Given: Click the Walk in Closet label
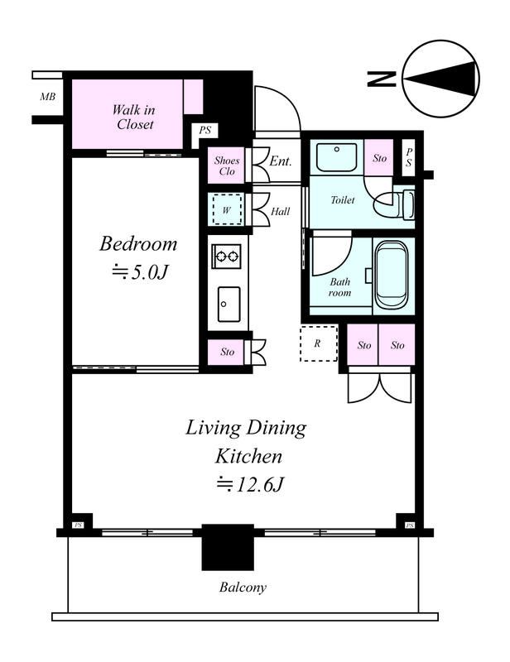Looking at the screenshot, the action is point(133,117).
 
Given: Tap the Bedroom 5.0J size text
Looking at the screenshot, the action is point(140,272).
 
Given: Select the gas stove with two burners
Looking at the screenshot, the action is point(227,257).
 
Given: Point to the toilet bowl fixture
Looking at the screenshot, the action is point(394,204).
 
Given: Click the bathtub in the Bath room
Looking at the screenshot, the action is point(392,275).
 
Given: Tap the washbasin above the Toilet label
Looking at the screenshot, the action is point(336,157).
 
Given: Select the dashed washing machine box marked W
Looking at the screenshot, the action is point(228,209).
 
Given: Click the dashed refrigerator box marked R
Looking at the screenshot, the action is point(319,343).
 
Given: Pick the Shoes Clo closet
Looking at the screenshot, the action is point(227,165).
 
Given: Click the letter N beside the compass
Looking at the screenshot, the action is point(381,79).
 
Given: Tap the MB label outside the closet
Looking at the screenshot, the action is point(48,97).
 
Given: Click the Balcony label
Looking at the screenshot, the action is point(243,588).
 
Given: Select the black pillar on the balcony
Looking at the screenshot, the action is point(228,547).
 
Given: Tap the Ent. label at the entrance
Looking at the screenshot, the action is point(281,161).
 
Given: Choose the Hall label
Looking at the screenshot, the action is point(280,211).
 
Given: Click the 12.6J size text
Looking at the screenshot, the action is point(250,484).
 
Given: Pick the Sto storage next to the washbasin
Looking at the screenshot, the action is point(379,157).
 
